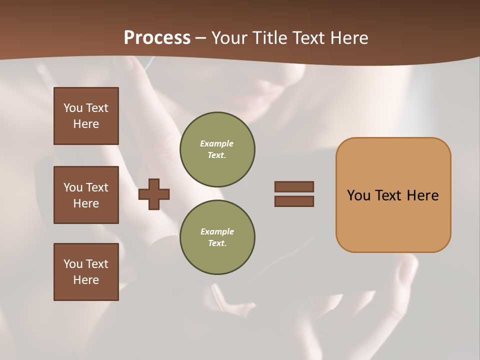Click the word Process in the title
click(157, 38)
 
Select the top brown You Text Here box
click(86, 116)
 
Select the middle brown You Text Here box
click(86, 195)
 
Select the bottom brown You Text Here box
click(86, 272)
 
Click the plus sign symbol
click(154, 194)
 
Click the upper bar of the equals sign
click(294, 186)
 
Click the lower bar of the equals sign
click(294, 201)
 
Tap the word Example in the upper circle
click(217, 143)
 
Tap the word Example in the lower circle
click(217, 231)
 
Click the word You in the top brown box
click(72, 108)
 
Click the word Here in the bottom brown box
click(86, 280)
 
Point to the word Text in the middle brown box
click(96, 187)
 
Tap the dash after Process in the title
click(200, 38)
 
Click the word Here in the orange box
click(422, 195)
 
